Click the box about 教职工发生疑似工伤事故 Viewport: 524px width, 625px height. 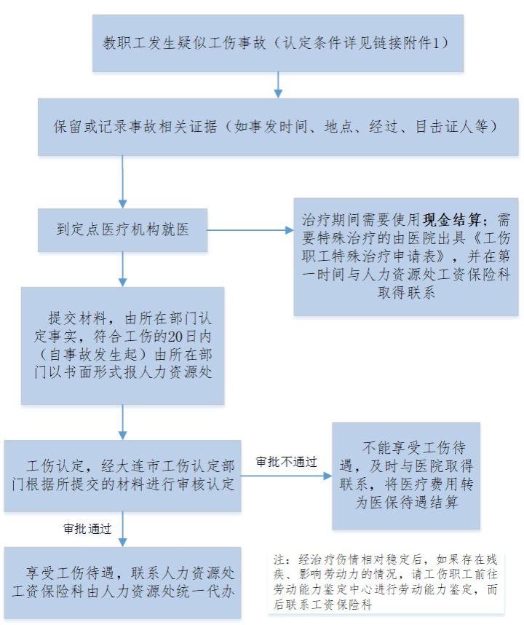(x=278, y=44)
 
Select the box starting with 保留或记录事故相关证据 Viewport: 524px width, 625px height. (x=278, y=127)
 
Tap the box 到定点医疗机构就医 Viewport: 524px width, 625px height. (x=123, y=230)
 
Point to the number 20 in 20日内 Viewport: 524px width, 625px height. (x=175, y=337)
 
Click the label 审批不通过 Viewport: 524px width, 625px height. (x=286, y=462)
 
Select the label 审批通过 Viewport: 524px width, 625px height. (x=87, y=529)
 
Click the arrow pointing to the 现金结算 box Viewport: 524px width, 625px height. (x=250, y=230)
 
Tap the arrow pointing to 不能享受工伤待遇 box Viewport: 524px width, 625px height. (x=286, y=476)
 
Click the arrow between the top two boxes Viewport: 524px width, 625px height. (x=278, y=85)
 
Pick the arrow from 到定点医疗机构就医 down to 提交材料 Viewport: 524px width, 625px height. (x=123, y=269)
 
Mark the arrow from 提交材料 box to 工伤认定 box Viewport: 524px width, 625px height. (x=123, y=422)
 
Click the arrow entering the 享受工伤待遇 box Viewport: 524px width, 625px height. (x=123, y=530)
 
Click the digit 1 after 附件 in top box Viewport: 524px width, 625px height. (x=436, y=43)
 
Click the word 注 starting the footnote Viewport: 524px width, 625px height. (x=279, y=559)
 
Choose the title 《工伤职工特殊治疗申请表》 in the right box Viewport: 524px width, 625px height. (x=406, y=248)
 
